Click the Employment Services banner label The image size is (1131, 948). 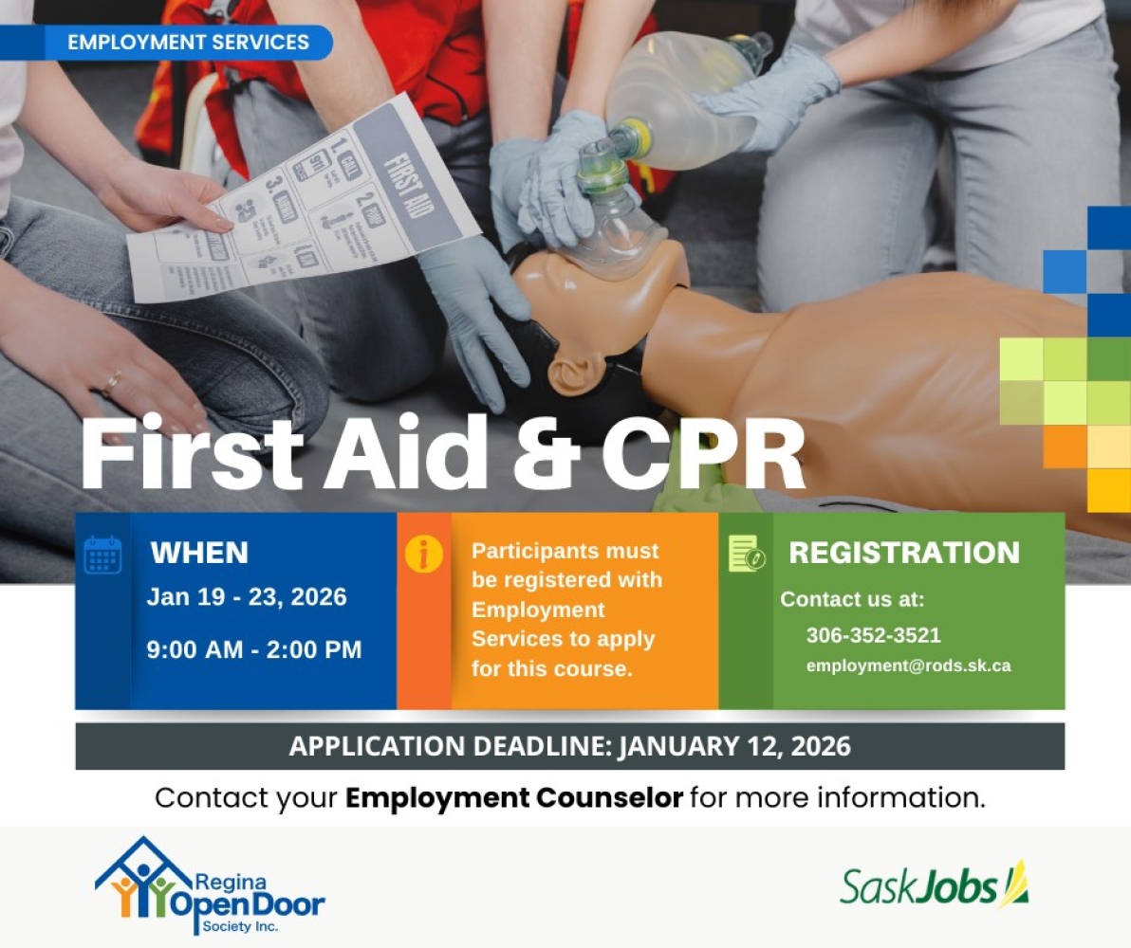click(189, 43)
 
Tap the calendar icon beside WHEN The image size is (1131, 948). click(102, 555)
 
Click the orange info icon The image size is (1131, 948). click(423, 555)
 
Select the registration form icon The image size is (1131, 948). click(746, 554)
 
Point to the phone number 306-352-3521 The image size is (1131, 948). click(873, 635)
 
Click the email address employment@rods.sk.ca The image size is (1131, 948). click(908, 665)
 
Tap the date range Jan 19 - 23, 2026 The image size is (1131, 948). click(247, 597)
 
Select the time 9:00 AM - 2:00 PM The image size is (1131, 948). click(254, 650)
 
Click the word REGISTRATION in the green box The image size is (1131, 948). click(904, 553)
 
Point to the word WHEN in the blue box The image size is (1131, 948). click(199, 552)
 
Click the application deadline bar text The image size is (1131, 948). click(569, 746)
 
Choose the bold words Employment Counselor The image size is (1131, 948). click(514, 797)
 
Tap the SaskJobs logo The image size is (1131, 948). click(934, 885)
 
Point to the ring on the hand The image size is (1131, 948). click(112, 382)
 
